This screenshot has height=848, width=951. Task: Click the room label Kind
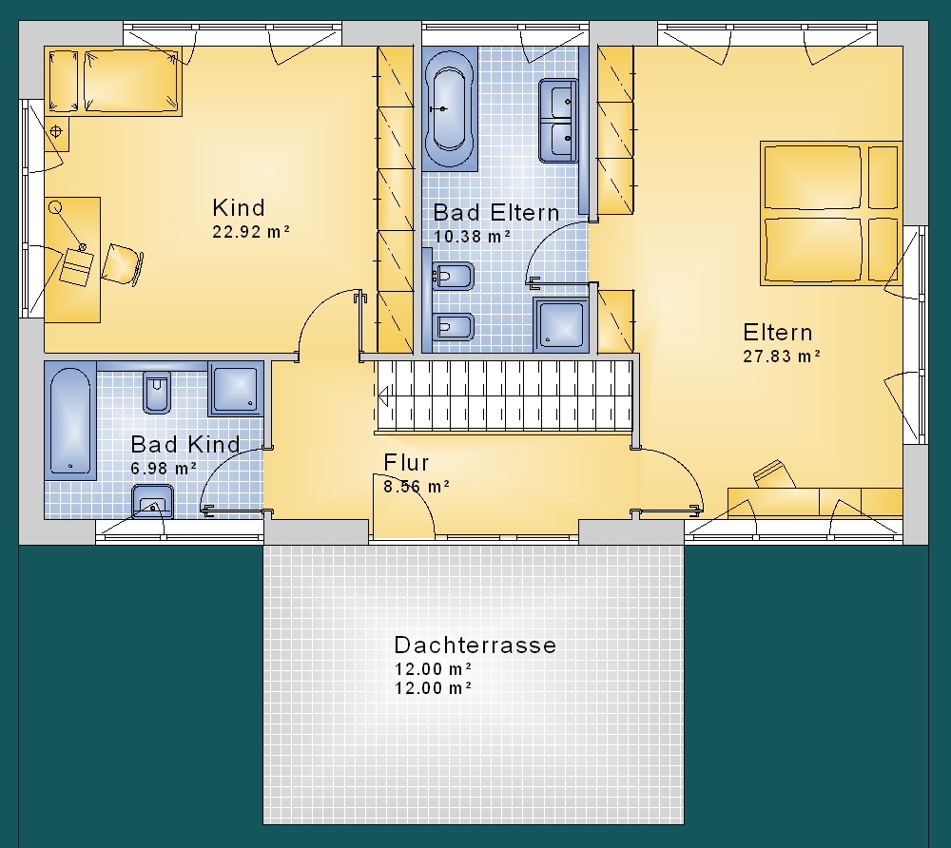click(239, 208)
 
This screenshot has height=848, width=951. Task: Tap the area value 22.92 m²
click(251, 232)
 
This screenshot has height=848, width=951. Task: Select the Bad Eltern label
click(496, 213)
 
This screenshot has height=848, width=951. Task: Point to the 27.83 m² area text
click(782, 356)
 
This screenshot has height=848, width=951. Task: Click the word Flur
click(406, 462)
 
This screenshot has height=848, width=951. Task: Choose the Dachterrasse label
click(475, 645)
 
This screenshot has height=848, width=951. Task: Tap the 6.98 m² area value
click(164, 468)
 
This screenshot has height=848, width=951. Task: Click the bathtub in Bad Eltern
click(449, 109)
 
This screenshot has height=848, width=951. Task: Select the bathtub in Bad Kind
click(70, 421)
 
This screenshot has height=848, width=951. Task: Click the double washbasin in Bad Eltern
click(558, 121)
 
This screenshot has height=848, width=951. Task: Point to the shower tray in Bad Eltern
click(561, 324)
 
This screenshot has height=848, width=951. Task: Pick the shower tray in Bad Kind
click(236, 389)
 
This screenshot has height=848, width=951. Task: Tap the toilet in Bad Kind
click(157, 393)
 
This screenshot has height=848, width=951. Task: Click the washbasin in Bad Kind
click(152, 501)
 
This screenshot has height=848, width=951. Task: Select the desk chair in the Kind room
click(122, 264)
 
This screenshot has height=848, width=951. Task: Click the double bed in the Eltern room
click(831, 213)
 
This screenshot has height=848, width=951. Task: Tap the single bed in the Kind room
click(113, 82)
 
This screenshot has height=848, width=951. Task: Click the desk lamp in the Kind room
click(68, 227)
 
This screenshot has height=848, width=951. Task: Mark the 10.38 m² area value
click(473, 237)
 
